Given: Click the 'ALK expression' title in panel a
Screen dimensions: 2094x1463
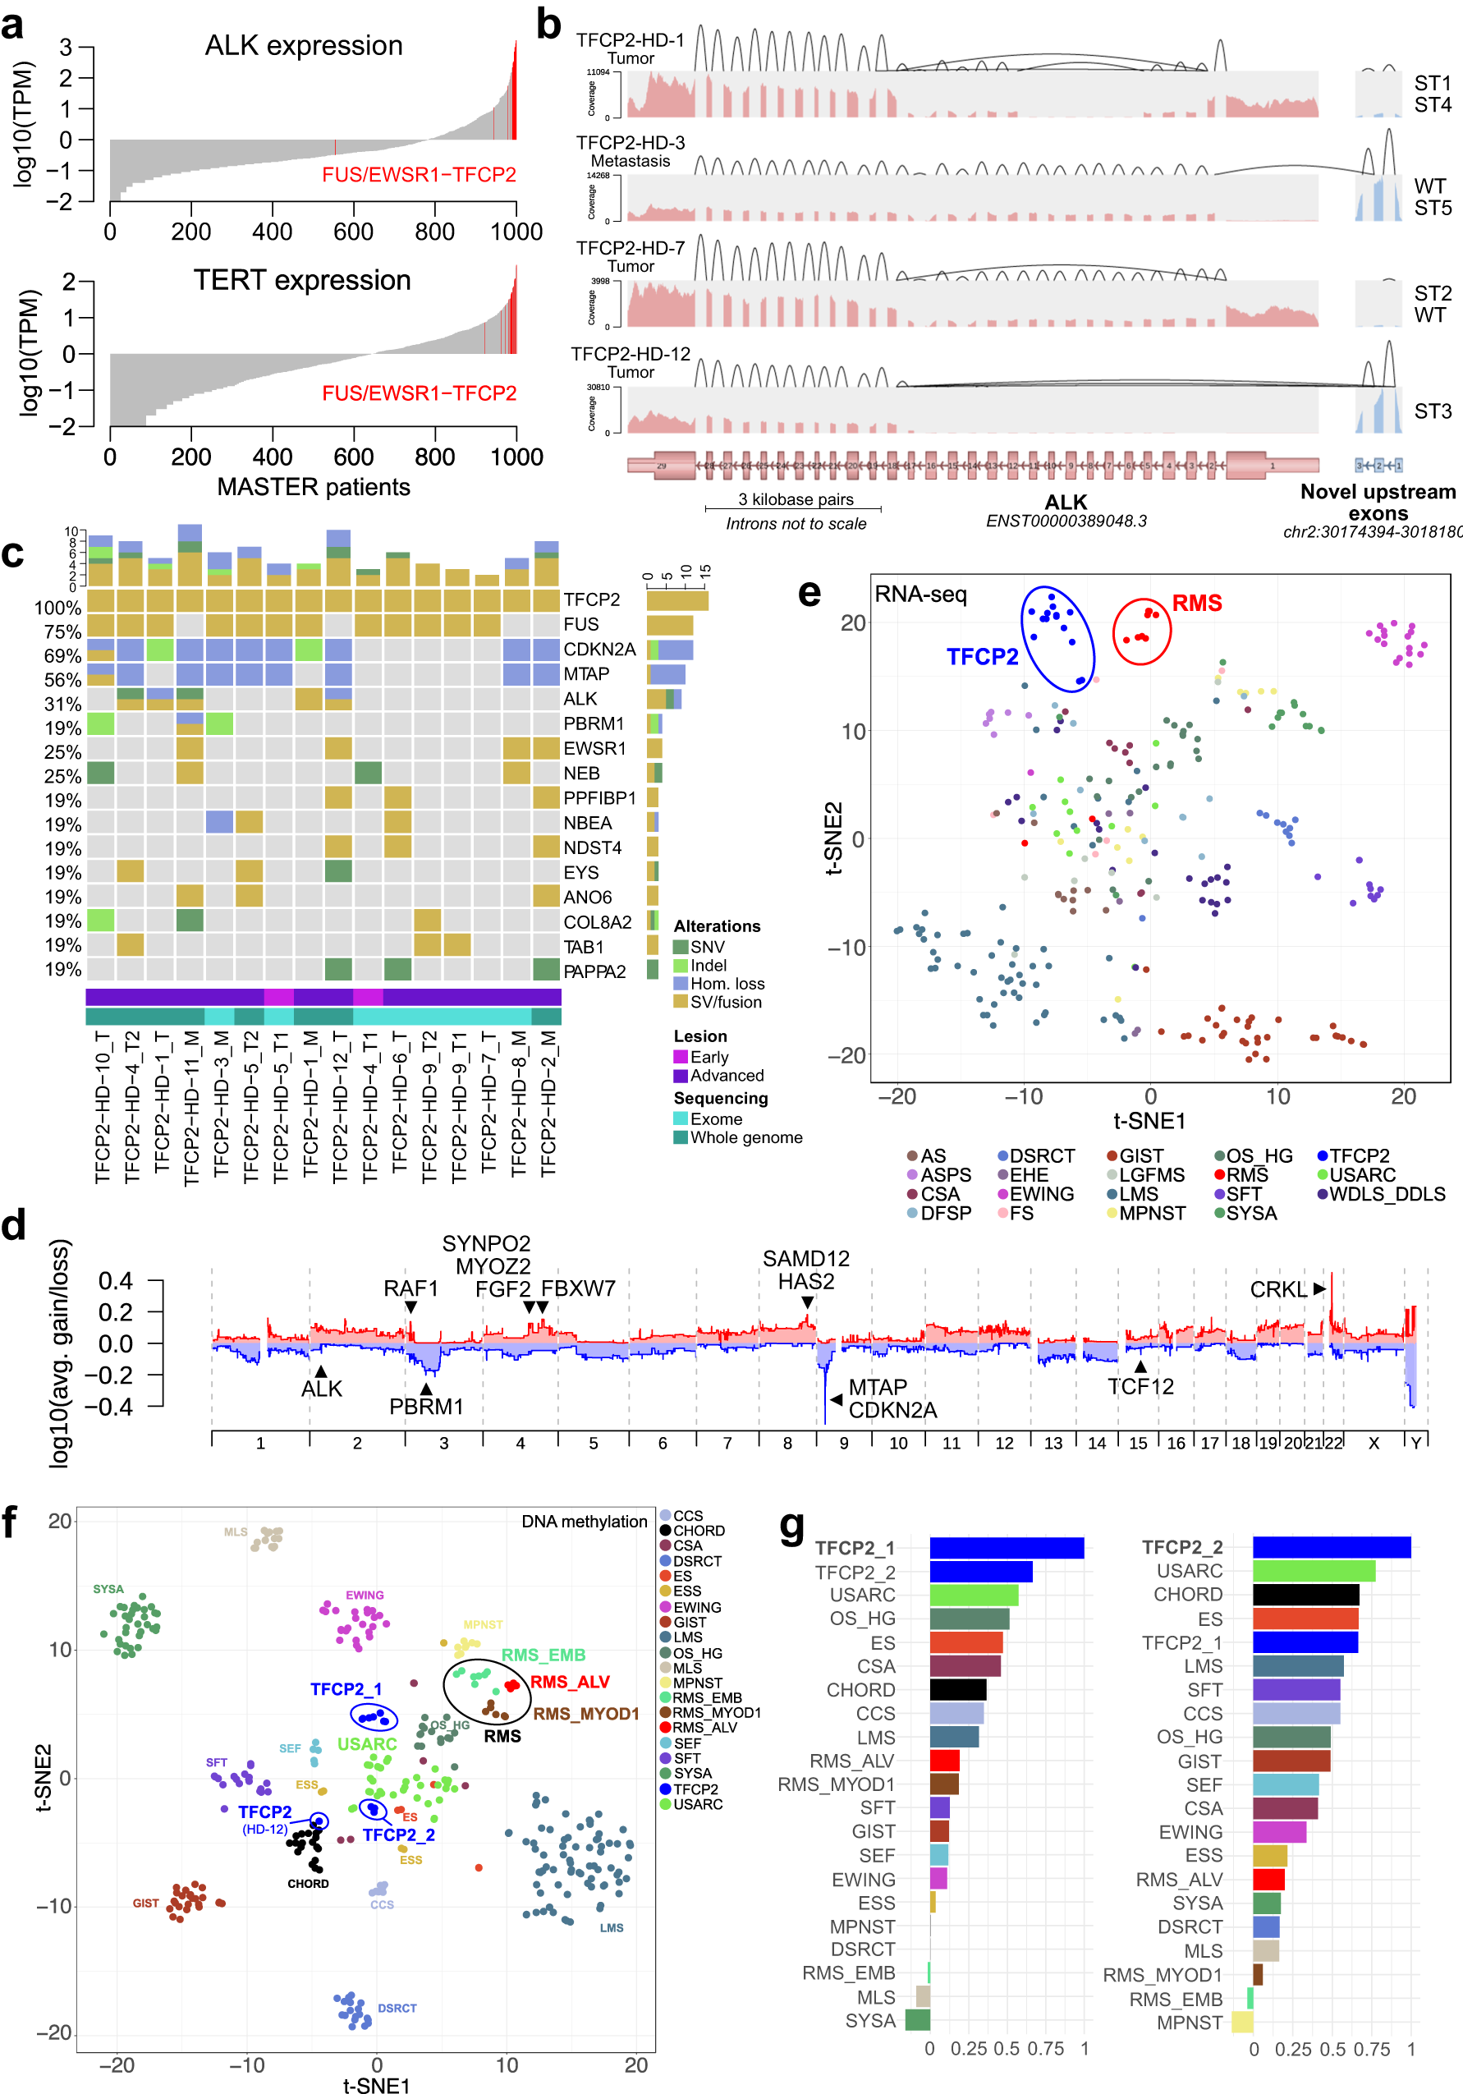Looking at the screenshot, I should point(303,46).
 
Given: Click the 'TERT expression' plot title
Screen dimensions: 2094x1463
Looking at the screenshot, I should point(302,280).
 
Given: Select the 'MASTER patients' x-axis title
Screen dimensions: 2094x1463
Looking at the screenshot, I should point(313,487).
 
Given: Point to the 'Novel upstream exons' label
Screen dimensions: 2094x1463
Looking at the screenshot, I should point(1378,502).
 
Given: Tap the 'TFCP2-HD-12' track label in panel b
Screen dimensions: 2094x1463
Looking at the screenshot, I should point(631,354).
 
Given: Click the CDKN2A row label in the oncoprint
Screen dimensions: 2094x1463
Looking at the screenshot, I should point(598,650).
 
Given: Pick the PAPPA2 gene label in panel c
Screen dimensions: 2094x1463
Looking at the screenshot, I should point(594,971).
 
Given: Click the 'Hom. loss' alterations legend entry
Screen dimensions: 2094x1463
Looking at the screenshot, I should point(727,983).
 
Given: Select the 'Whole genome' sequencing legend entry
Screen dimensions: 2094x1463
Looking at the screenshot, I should point(745,1137).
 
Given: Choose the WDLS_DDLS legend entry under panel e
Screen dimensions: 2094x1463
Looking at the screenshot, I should point(1387,1194).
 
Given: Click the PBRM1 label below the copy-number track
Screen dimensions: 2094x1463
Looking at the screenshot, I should point(426,1407).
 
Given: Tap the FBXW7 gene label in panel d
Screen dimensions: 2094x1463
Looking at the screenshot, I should point(578,1288).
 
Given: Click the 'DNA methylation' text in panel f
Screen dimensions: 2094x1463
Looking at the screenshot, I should point(584,1522).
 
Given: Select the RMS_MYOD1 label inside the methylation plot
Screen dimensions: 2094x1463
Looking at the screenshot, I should point(585,1714).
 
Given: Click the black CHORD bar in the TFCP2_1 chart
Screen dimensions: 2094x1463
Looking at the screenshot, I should point(958,1690).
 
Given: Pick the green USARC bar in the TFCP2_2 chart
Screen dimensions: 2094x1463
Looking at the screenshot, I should point(1314,1570).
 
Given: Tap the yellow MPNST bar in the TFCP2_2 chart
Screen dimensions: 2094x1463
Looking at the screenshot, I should point(1241,2022).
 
